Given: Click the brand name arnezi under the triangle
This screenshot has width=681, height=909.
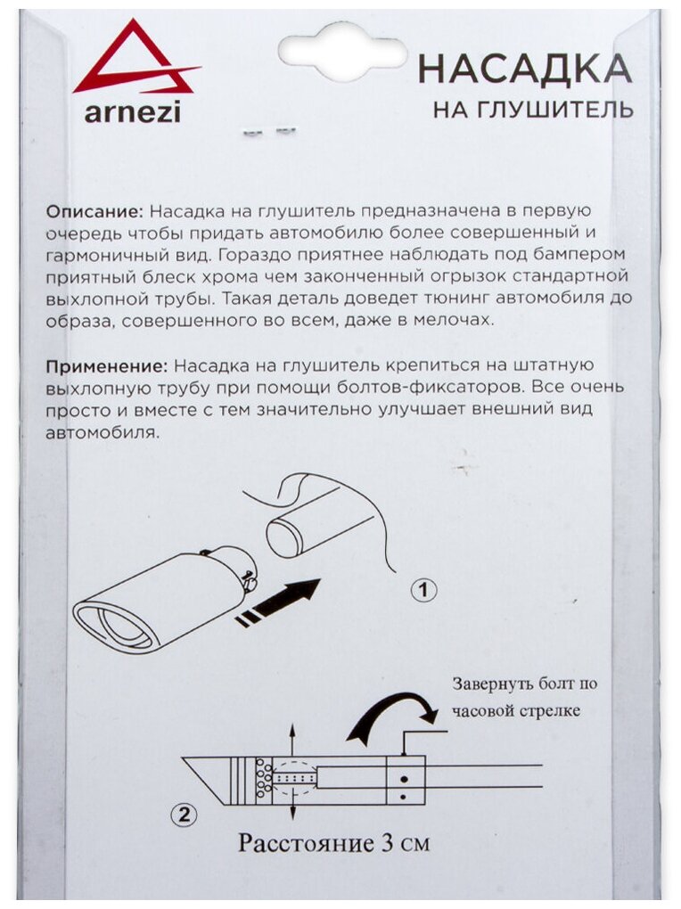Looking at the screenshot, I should point(132,112).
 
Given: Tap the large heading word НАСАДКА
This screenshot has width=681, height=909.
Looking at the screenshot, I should point(525,69).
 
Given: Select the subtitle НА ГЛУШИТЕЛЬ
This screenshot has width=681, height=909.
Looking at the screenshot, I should point(533,110).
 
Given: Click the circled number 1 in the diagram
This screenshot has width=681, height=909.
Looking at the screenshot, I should point(424,589).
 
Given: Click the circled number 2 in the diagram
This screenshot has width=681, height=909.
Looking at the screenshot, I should point(183,812).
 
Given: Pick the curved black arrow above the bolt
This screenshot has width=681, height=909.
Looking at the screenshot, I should point(392,718).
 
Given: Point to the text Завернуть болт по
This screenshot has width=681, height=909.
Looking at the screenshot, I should point(524,684).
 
